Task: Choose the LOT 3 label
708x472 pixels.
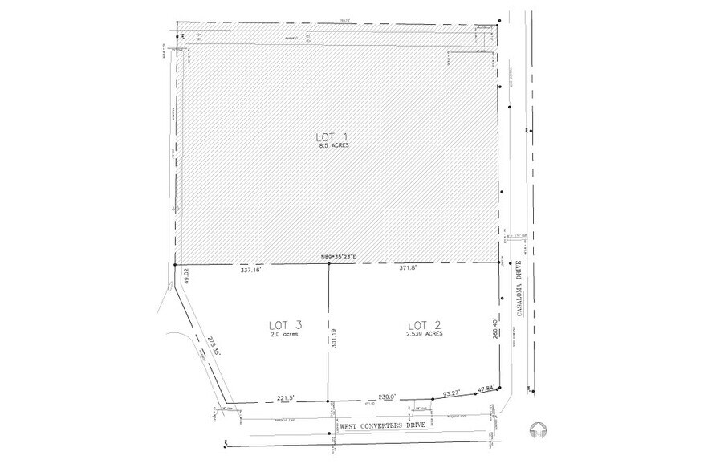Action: click(x=285, y=324)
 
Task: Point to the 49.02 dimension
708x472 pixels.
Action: click(x=185, y=275)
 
